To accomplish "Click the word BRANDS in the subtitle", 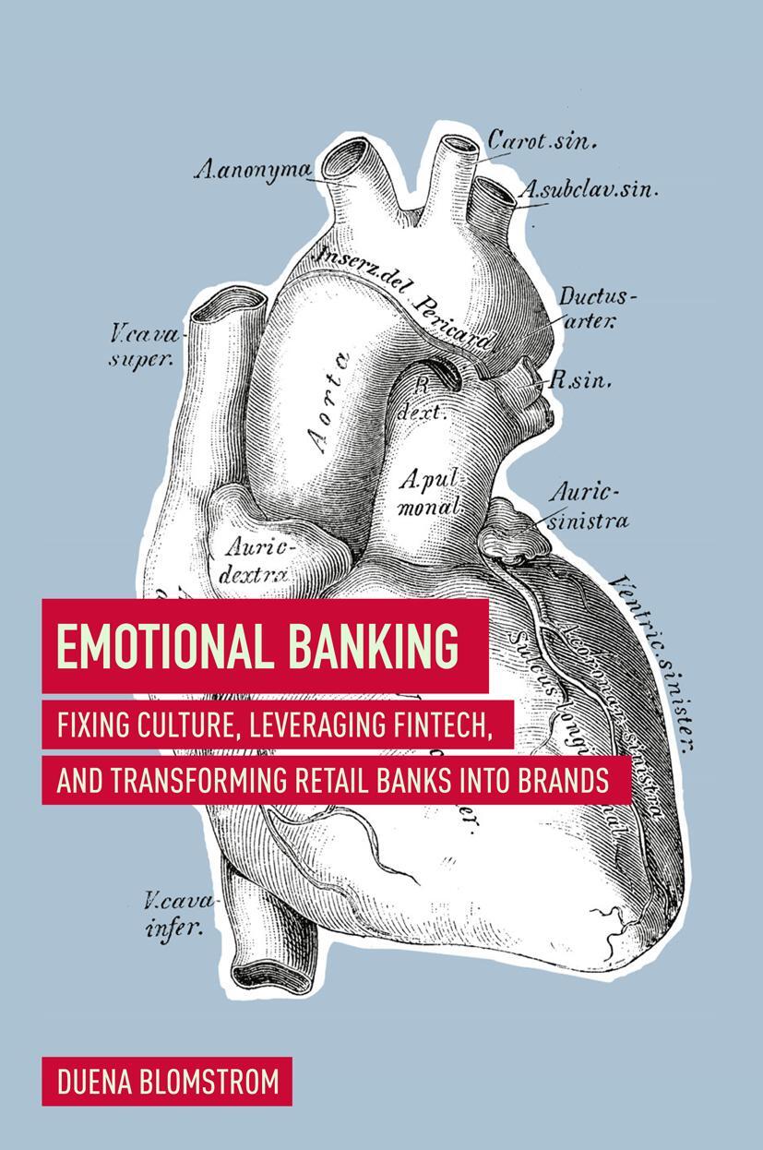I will coord(561,780).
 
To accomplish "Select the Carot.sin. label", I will coord(542,141).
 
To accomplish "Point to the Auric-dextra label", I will coord(256,559).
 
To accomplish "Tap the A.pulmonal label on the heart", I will coord(431,492).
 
